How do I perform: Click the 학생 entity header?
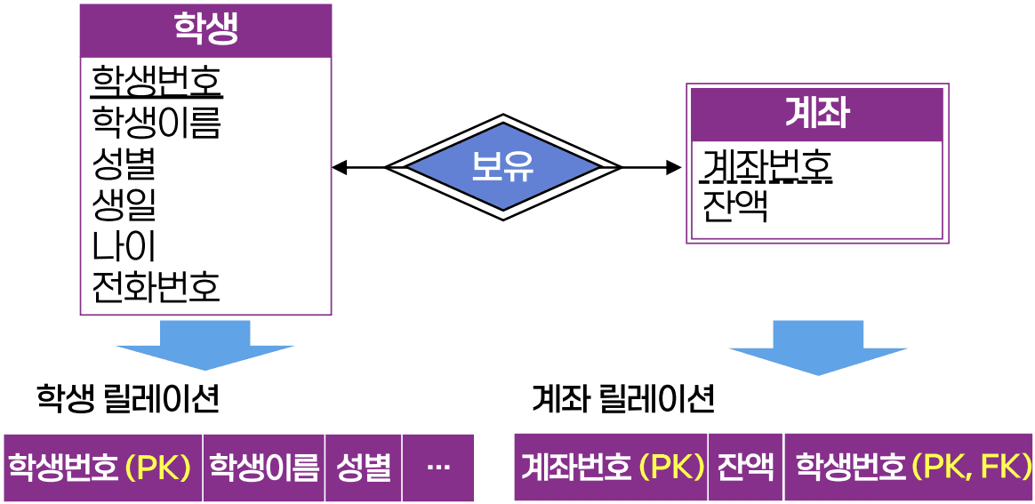point(205,31)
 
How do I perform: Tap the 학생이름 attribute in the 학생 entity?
point(156,122)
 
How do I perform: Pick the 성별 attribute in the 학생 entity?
point(124,163)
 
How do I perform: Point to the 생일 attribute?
point(124,204)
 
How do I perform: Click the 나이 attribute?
point(124,245)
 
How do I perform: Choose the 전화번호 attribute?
point(156,286)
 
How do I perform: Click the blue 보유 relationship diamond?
point(502,167)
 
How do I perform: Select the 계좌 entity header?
point(816,114)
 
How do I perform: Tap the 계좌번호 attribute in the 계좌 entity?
point(767,165)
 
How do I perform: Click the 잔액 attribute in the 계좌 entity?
point(734,206)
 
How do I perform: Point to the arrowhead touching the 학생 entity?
point(339,167)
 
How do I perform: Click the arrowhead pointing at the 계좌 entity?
point(673,167)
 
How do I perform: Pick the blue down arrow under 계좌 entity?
point(818,348)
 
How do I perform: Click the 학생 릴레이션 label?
point(127,399)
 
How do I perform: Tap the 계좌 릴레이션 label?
point(622,399)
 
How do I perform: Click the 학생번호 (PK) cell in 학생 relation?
point(103,468)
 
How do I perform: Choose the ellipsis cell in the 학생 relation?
point(437,468)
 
